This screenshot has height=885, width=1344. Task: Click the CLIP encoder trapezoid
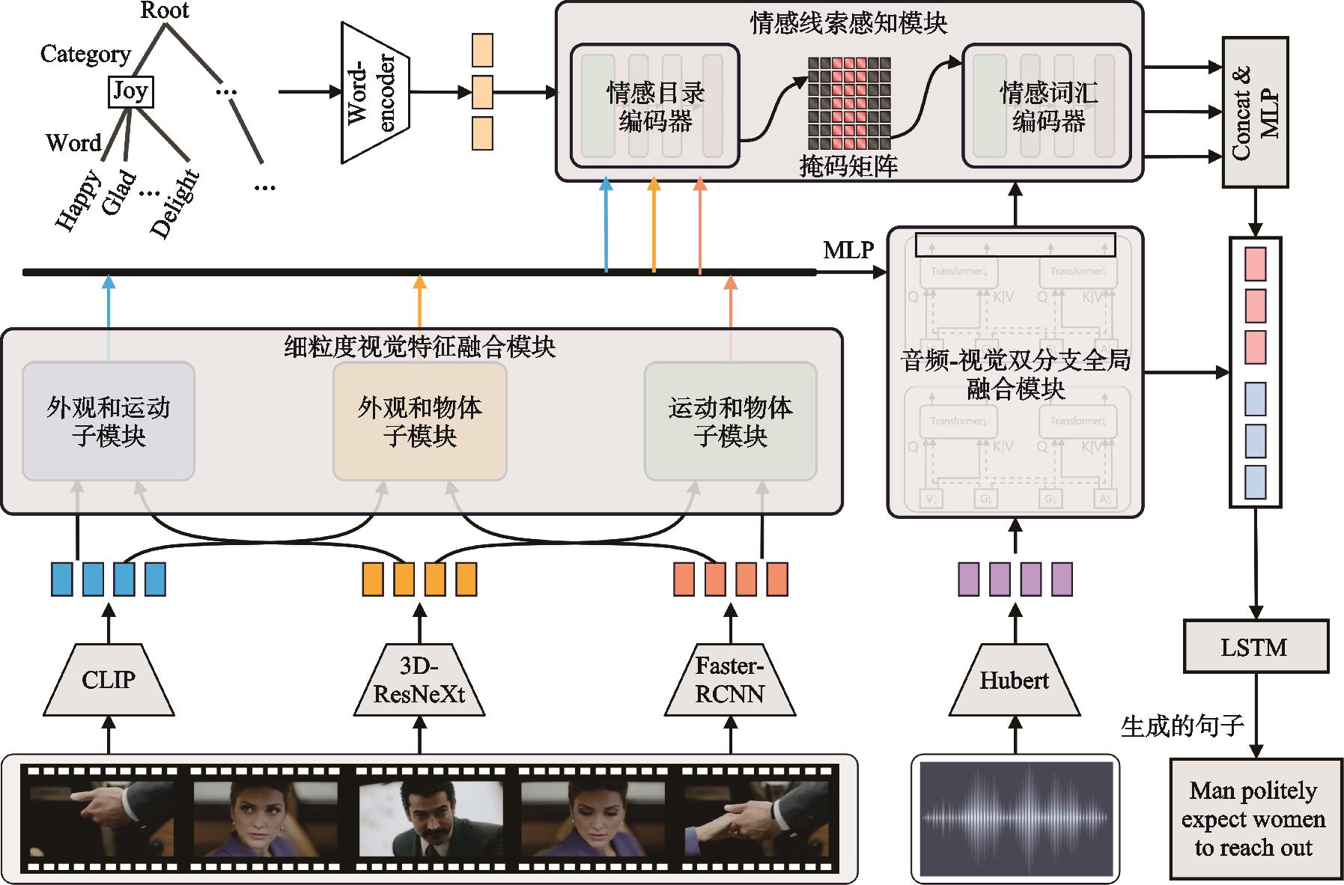(109, 679)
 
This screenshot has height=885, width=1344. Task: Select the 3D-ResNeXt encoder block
(419, 679)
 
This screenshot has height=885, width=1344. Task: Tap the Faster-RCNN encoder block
(730, 679)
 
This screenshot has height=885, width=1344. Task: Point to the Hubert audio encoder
(1015, 679)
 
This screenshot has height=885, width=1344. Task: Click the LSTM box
(1255, 646)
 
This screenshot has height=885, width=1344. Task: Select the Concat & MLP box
(1255, 112)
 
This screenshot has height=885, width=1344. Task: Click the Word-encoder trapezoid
(374, 93)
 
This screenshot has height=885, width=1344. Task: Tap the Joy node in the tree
(130, 91)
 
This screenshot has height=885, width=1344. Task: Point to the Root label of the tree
(165, 10)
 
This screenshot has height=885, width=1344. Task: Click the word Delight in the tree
(175, 204)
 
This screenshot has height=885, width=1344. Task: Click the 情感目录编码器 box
(655, 106)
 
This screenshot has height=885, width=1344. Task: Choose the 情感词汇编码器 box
(1047, 106)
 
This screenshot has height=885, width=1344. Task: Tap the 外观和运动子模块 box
(109, 421)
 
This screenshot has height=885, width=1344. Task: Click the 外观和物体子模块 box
(419, 421)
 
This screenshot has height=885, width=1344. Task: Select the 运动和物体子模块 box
(730, 421)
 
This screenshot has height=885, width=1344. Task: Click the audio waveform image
(1015, 818)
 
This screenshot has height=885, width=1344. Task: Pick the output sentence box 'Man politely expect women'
(1254, 818)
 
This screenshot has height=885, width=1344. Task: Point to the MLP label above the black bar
(848, 250)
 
